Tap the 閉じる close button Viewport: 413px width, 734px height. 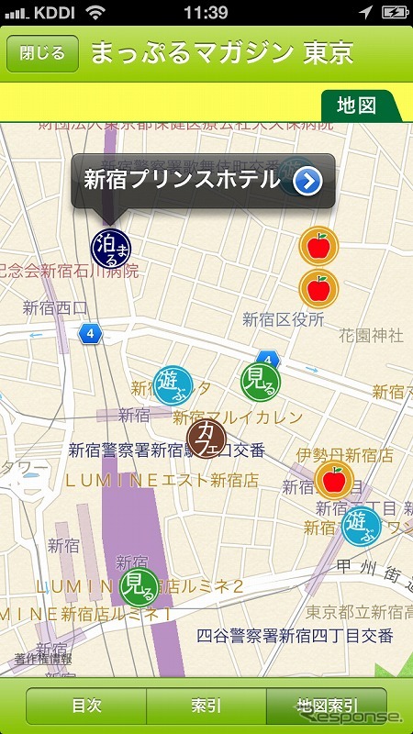click(x=42, y=53)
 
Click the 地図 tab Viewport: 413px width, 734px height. click(x=356, y=105)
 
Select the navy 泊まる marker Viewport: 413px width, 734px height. click(x=111, y=247)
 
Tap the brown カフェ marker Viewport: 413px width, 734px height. click(x=207, y=439)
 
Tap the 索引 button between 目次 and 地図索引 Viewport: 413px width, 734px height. click(x=206, y=706)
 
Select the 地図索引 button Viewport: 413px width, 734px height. click(x=327, y=706)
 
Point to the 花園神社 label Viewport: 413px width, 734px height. click(x=371, y=336)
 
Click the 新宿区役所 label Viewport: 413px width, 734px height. click(x=284, y=319)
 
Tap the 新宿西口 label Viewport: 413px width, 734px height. click(x=55, y=307)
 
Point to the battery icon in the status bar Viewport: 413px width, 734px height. click(x=394, y=13)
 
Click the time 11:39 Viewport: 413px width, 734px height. click(x=206, y=13)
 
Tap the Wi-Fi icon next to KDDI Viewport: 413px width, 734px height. click(x=95, y=13)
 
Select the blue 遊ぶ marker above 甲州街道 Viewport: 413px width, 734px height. click(x=361, y=525)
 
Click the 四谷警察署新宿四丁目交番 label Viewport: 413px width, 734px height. click(x=296, y=636)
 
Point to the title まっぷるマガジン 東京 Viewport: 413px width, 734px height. click(x=221, y=53)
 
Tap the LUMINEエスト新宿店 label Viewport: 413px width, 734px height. click(x=161, y=479)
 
